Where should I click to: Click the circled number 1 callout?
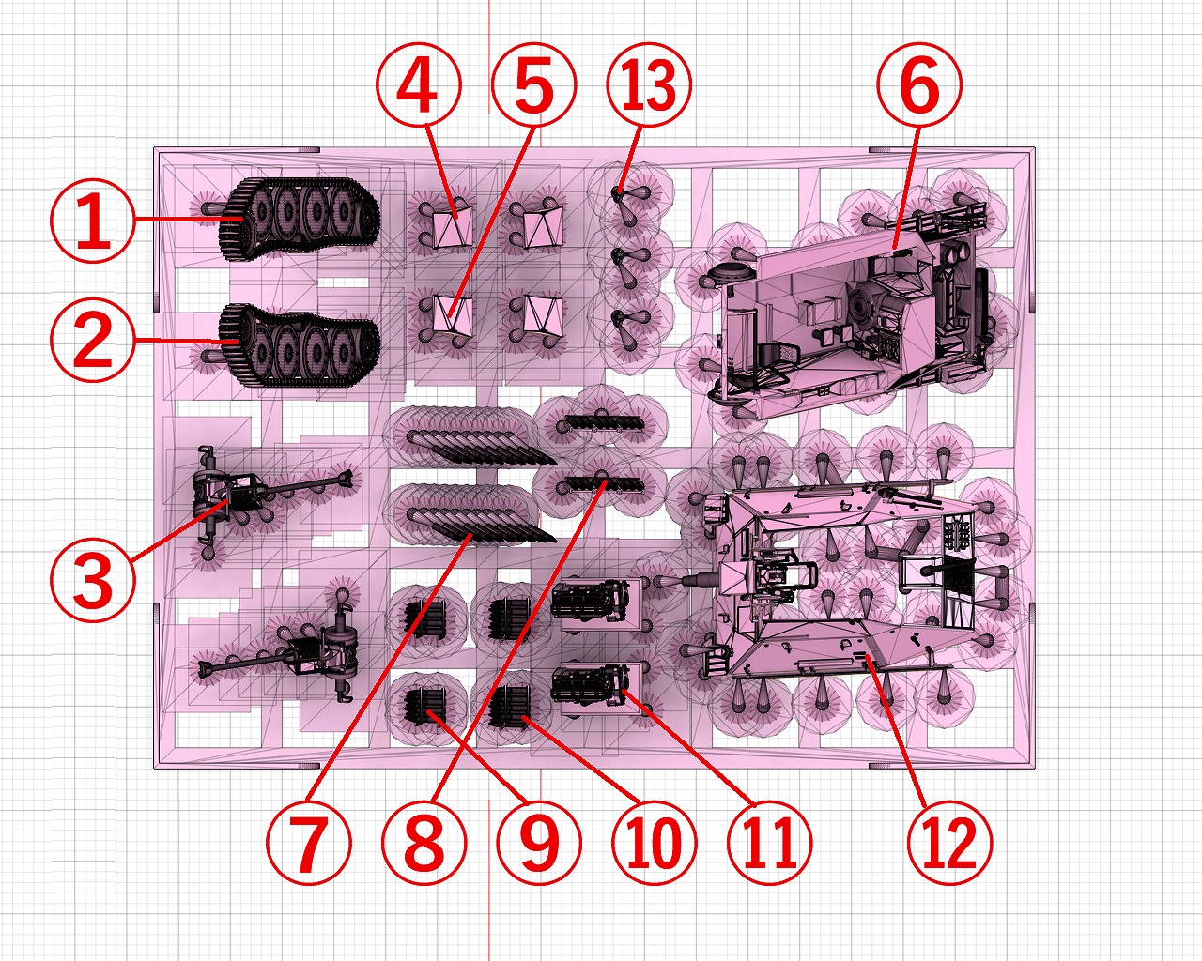93,220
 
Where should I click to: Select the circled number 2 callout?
93,341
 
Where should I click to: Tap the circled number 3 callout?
93,579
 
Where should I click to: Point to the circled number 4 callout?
419,84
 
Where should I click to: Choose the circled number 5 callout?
533,84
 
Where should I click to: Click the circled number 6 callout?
919,84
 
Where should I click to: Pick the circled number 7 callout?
309,842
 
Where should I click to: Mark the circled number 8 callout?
424,842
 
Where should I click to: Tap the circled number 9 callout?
539,842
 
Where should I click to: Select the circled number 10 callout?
655,842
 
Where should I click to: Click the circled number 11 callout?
770,842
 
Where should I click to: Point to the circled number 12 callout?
950,842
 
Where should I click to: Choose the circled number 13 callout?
649,84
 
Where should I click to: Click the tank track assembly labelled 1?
300,219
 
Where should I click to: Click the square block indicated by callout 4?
453,228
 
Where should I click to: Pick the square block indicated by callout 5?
453,315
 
